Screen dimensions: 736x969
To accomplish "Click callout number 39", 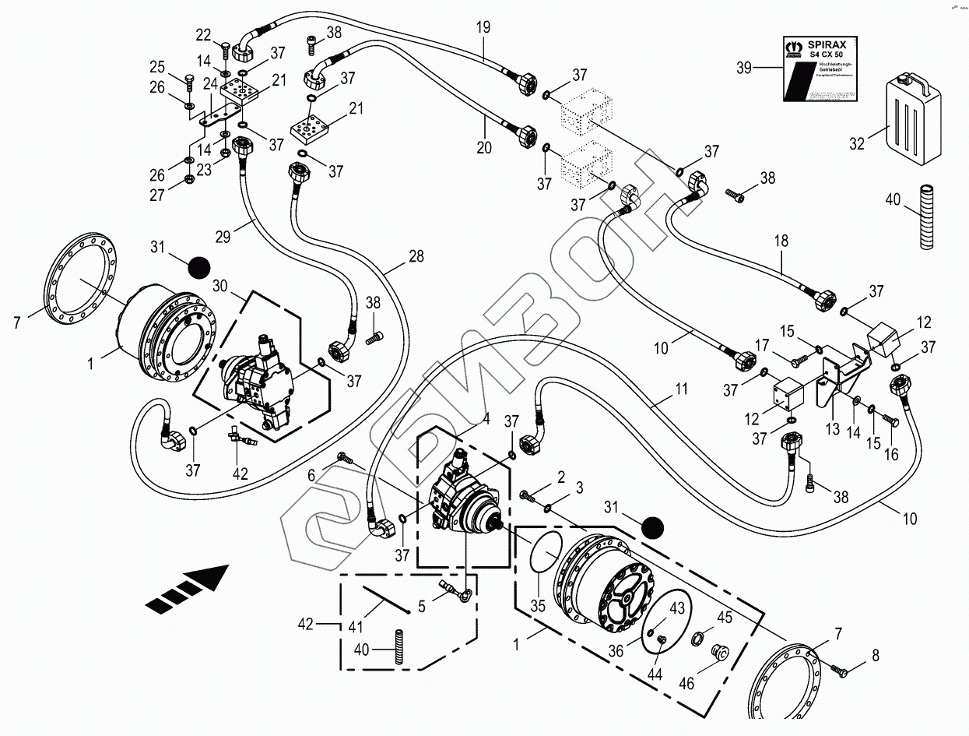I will tap(745, 69).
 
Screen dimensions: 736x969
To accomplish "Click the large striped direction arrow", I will tap(187, 590).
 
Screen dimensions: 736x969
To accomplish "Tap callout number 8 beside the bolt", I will tap(875, 656).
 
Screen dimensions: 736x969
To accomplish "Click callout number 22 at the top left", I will tap(203, 34).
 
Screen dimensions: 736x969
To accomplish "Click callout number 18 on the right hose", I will tap(781, 241).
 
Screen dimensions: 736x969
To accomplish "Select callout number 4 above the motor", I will tap(486, 418).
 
